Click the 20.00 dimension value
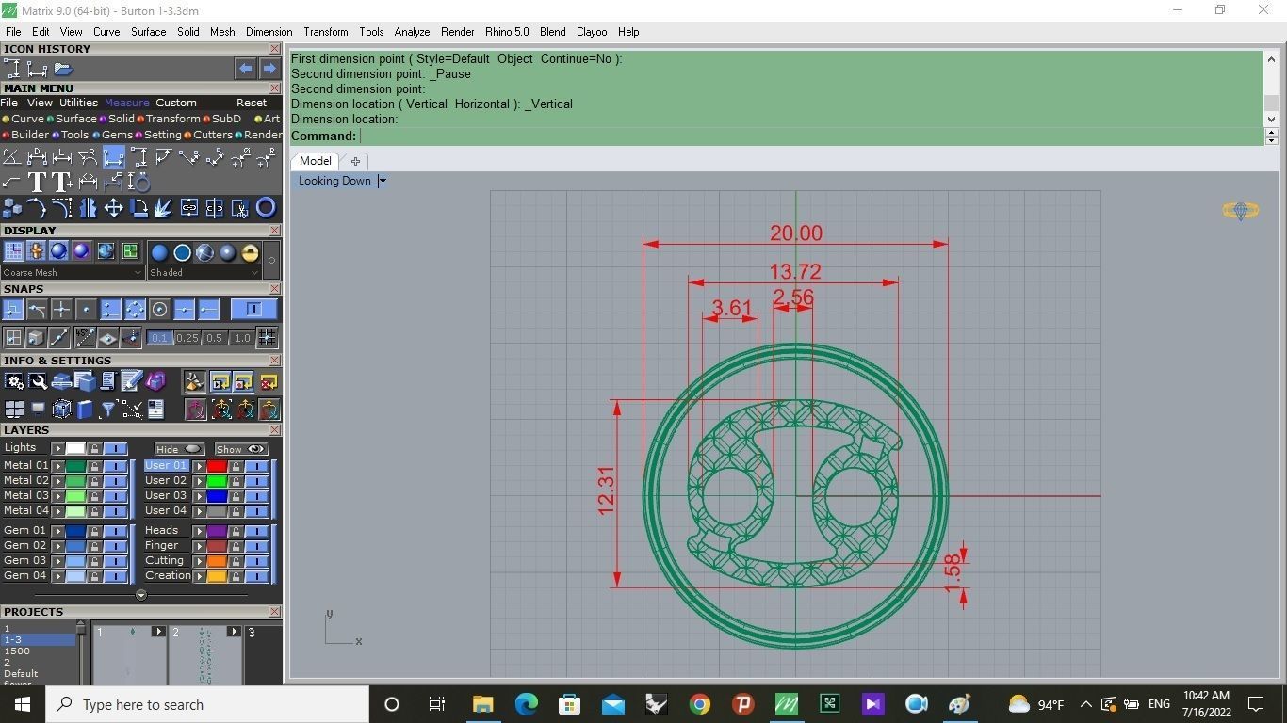point(795,233)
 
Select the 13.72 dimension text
point(795,272)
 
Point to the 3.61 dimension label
point(731,308)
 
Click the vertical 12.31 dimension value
point(606,490)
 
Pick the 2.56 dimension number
point(792,297)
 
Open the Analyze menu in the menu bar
point(412,32)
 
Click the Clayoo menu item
point(592,32)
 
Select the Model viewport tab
point(315,161)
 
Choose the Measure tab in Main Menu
point(126,103)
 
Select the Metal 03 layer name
point(25,495)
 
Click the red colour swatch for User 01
point(217,466)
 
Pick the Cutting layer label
point(164,560)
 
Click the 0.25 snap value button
point(187,338)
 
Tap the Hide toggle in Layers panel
point(178,449)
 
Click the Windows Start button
point(23,704)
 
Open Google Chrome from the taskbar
point(699,704)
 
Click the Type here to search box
point(207,704)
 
